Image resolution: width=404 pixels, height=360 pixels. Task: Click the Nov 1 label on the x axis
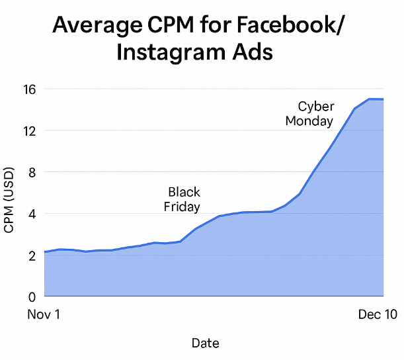tap(44, 315)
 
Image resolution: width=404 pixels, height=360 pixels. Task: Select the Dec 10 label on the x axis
tap(378, 315)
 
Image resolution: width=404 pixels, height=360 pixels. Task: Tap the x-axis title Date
tap(205, 343)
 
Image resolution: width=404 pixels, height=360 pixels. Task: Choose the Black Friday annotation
tap(182, 199)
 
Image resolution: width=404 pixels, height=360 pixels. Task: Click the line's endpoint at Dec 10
tap(383, 99)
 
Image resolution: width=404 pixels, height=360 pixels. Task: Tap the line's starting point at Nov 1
tap(44, 252)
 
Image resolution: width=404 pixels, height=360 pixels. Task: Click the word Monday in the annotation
tap(309, 120)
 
